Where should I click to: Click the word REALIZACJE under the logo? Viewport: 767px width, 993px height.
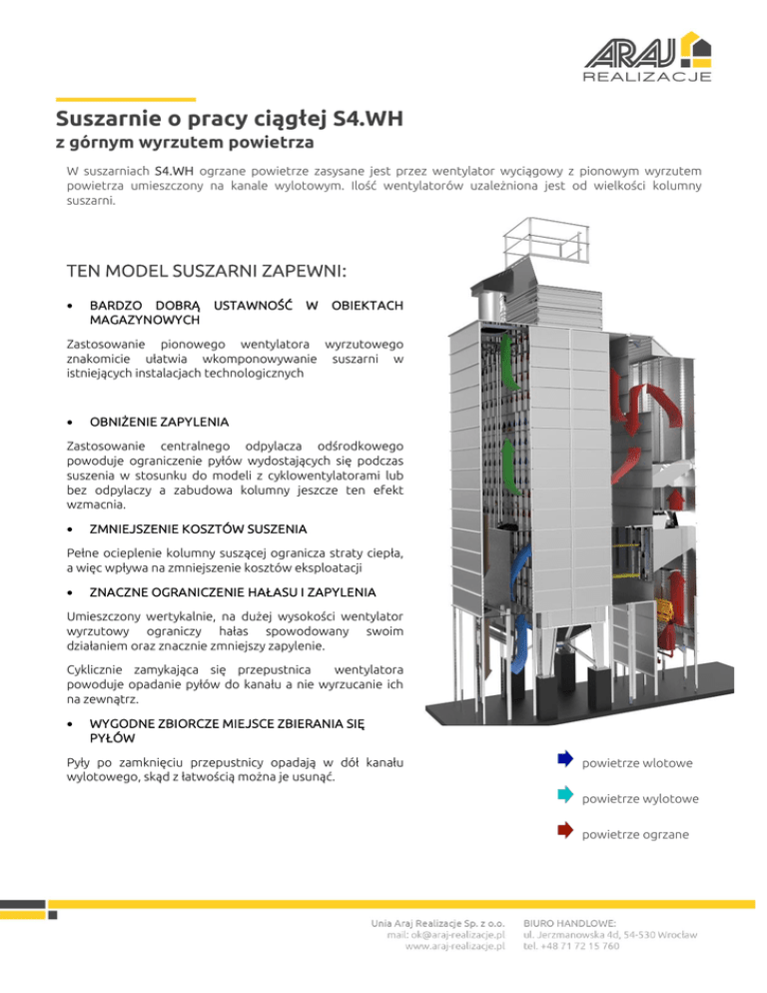(x=646, y=76)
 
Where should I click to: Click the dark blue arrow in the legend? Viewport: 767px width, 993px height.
(x=564, y=762)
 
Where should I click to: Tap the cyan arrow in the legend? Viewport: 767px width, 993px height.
(x=564, y=796)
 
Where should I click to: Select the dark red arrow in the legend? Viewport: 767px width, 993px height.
(x=564, y=830)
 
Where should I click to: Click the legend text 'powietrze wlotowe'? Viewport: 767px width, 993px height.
(x=637, y=764)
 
